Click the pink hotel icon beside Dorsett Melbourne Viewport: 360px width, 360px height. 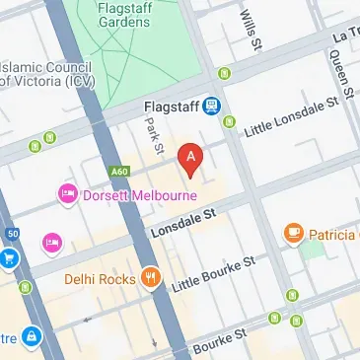(x=68, y=192)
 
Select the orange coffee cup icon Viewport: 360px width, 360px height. (x=293, y=234)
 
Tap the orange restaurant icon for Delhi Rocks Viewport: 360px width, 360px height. (x=150, y=277)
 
